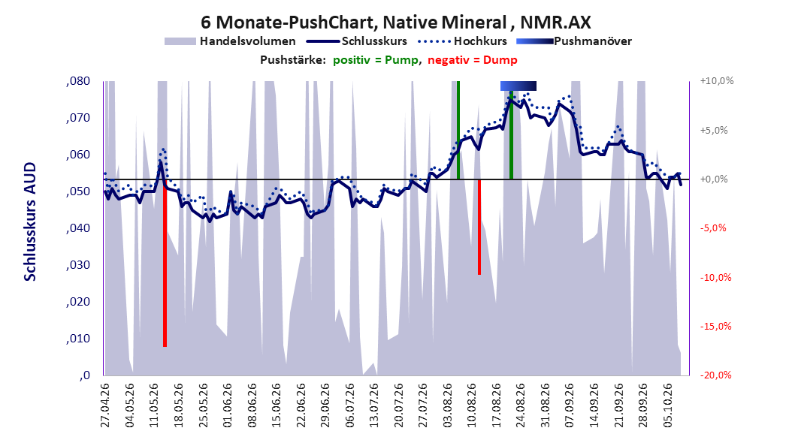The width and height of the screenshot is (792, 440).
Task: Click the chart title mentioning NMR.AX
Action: [395, 23]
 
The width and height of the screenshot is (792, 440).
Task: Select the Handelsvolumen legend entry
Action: [230, 41]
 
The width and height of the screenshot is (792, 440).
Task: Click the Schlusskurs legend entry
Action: [357, 41]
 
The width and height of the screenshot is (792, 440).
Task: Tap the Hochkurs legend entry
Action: [462, 41]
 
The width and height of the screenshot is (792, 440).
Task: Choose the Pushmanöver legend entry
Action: [574, 41]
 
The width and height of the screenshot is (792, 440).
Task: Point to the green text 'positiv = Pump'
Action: [376, 60]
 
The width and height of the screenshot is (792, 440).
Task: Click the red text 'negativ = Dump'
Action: [473, 60]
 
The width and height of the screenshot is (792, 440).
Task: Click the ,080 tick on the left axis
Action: [78, 81]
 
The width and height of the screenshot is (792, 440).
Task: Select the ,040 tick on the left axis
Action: [78, 228]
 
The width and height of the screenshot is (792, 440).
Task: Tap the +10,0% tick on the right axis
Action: [717, 81]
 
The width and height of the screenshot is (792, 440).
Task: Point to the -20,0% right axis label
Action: [715, 375]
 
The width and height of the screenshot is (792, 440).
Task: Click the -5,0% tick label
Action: [713, 228]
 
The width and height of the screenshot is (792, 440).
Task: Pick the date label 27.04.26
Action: [105, 405]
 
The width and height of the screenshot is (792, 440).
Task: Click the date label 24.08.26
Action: [521, 405]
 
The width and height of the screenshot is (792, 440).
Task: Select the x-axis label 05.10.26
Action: [668, 405]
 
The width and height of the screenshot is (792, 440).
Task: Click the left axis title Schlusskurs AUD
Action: [30, 222]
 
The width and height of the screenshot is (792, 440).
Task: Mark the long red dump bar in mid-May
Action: [165, 263]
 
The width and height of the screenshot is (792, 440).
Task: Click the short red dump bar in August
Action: [479, 227]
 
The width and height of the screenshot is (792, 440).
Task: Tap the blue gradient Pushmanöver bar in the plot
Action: [518, 86]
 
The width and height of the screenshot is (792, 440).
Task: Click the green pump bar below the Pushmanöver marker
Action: [511, 135]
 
